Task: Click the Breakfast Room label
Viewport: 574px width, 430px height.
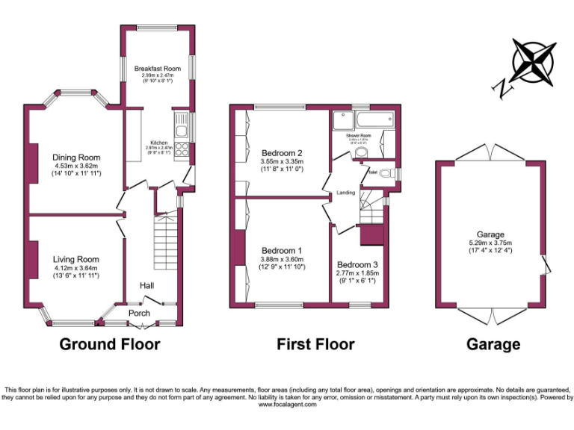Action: tap(158, 69)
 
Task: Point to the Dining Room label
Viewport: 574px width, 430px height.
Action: tap(76, 158)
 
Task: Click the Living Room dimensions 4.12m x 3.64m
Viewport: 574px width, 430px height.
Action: tap(76, 268)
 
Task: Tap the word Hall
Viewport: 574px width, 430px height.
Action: tap(146, 285)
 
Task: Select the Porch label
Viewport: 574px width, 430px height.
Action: tap(139, 313)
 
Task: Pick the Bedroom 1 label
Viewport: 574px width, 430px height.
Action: tap(282, 250)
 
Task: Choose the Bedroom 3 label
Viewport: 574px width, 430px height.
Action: tap(357, 265)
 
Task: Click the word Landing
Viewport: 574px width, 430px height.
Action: tap(346, 193)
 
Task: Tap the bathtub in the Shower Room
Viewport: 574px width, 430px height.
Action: tap(370, 119)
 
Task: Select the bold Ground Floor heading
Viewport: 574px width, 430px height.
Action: tap(109, 344)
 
